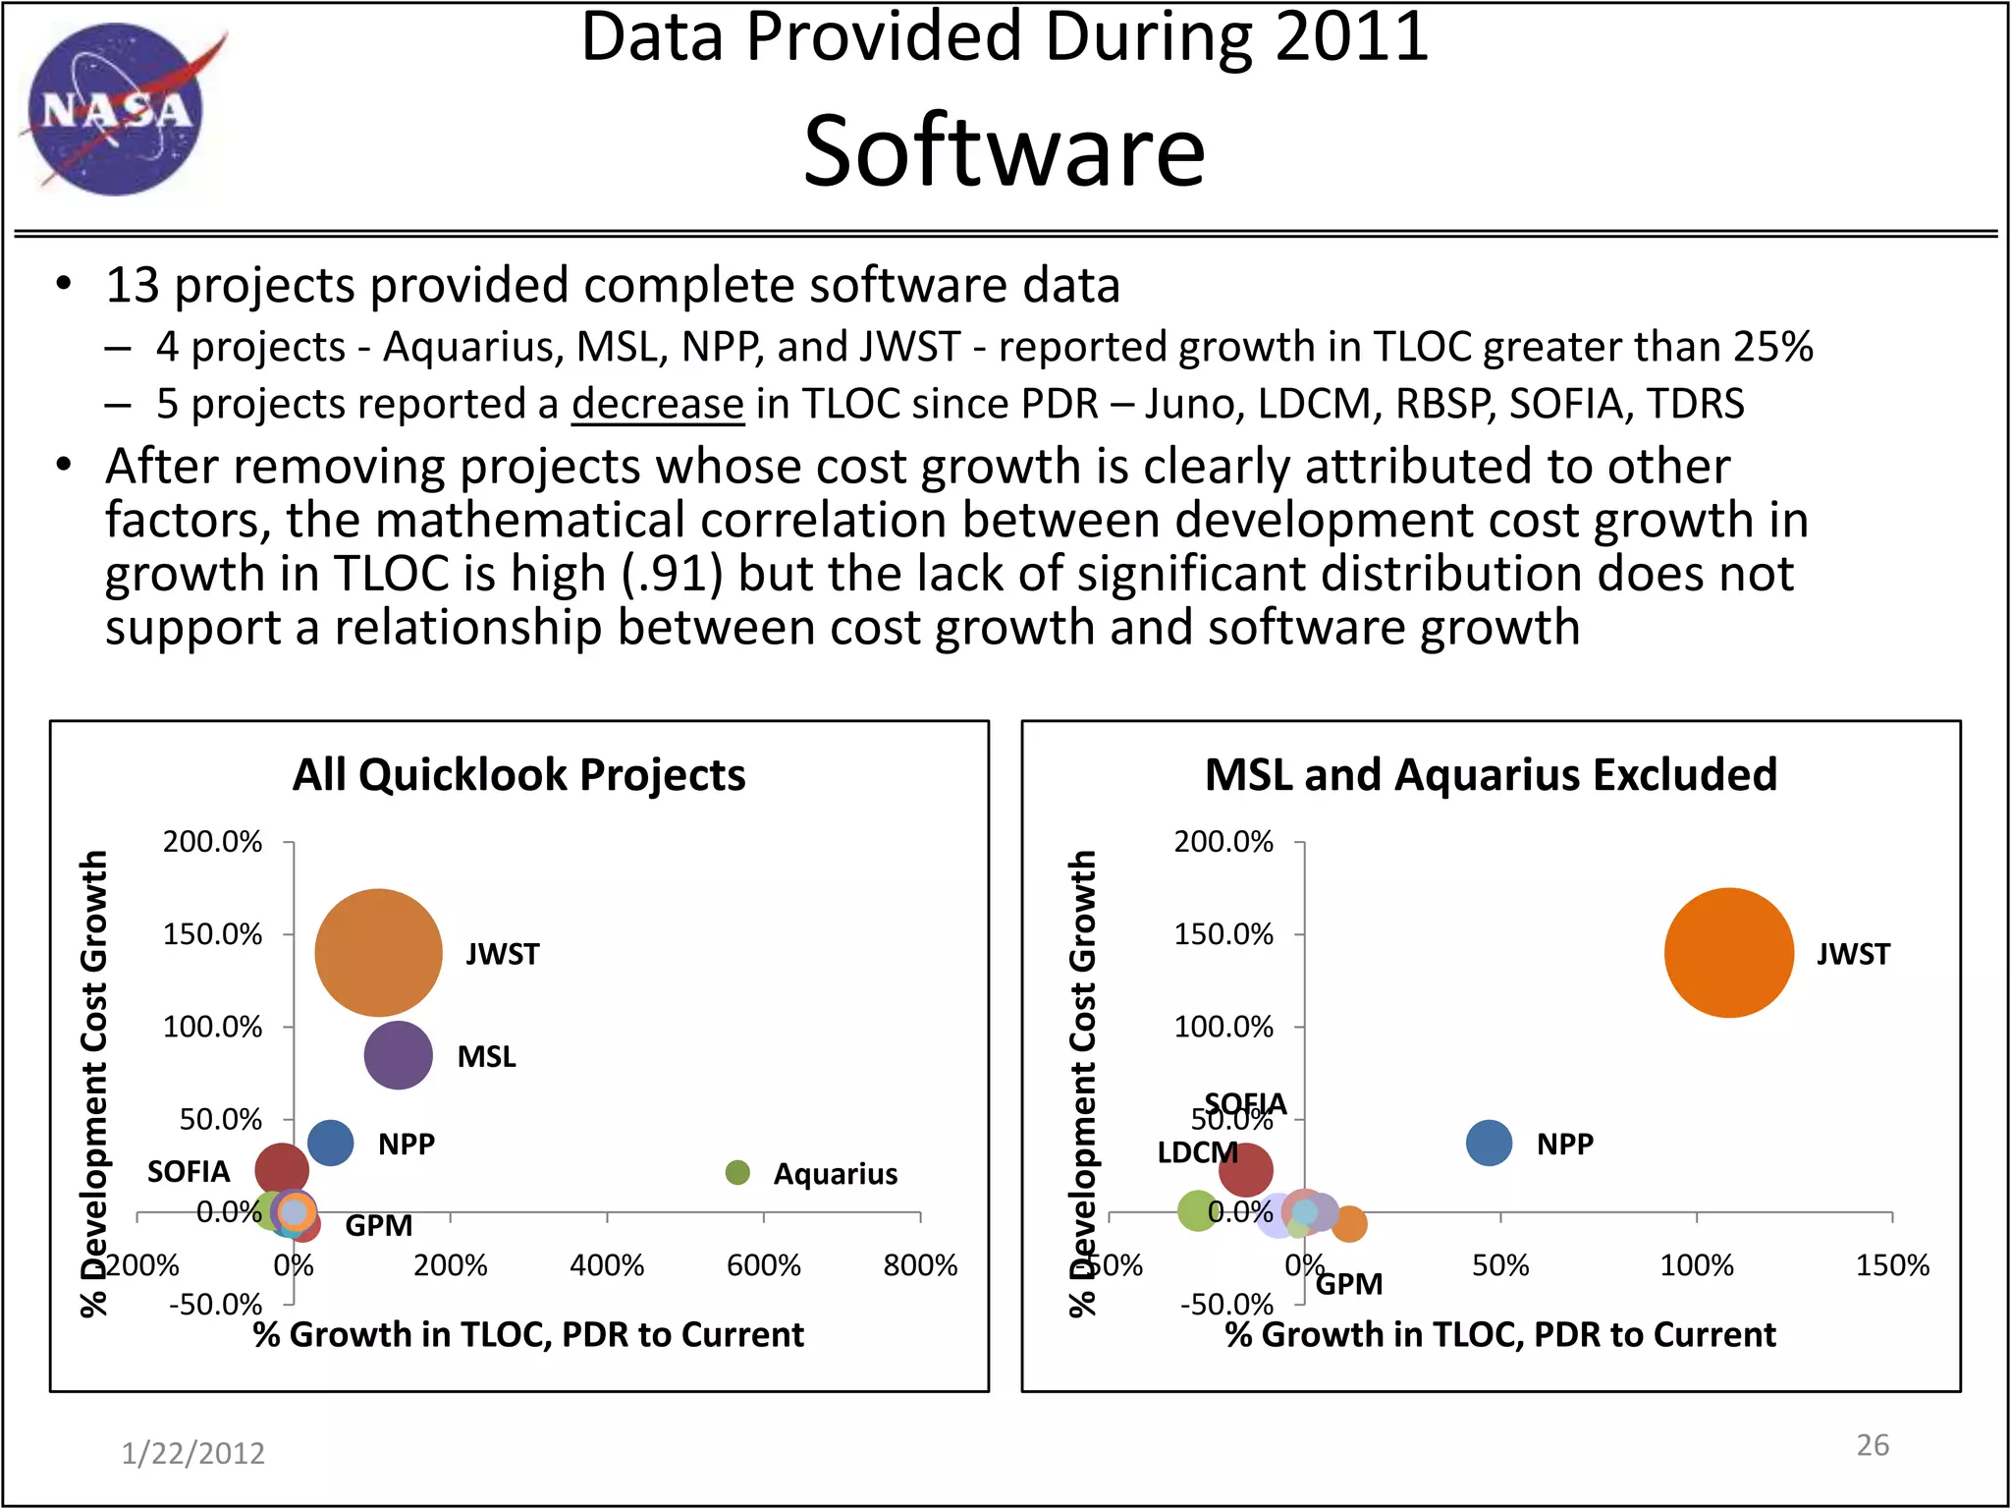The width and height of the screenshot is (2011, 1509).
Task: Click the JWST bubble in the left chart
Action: tap(378, 952)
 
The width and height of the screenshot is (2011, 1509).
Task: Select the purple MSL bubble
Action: tap(398, 1055)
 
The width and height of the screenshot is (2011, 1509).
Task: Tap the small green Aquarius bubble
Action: tap(736, 1172)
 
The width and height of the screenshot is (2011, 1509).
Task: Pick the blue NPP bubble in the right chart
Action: tap(1489, 1144)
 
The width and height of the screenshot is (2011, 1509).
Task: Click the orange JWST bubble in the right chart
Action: tap(1728, 952)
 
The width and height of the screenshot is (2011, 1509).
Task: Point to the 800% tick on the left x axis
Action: tap(920, 1264)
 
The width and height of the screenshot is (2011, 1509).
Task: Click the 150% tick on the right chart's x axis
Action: tap(1891, 1264)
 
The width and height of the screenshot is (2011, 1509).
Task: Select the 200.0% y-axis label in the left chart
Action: tap(212, 842)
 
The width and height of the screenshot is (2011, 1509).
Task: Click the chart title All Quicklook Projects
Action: tap(518, 775)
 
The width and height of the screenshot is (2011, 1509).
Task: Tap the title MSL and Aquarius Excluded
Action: tap(1491, 775)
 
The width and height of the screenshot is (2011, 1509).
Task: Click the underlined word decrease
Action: tap(658, 404)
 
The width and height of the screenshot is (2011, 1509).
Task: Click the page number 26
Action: tap(1872, 1444)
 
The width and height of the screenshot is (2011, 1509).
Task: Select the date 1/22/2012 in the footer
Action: tap(192, 1453)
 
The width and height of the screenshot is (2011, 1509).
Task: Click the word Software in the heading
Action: tap(1004, 151)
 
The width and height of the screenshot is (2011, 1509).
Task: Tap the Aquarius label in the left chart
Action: tap(835, 1174)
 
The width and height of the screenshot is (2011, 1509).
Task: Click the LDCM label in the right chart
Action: tap(1196, 1152)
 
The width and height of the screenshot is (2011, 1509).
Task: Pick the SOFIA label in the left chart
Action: tap(189, 1171)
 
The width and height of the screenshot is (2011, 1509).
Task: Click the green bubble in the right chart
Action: tap(1197, 1210)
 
